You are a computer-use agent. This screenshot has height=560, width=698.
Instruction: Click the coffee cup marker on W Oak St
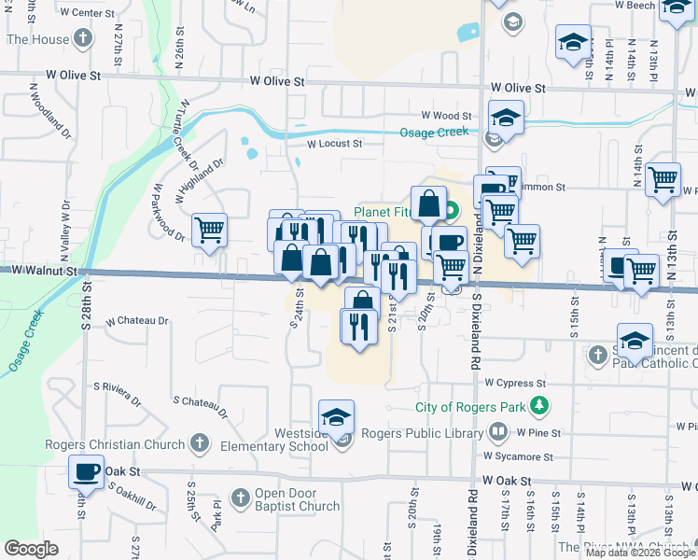pos(87,471)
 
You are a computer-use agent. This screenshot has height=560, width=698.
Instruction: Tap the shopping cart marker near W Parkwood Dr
pos(210,230)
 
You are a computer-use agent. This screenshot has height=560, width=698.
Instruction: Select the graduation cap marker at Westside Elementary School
pos(337,416)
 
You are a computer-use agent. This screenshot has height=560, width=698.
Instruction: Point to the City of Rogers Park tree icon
pos(538,406)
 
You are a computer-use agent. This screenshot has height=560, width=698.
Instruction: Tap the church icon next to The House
pos(84,39)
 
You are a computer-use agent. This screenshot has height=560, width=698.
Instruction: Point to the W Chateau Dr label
pos(137,321)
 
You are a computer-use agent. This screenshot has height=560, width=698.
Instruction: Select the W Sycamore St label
pos(518,456)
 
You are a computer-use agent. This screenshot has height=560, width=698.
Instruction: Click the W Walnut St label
pos(40,270)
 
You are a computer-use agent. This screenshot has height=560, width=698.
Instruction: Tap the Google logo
pos(31,549)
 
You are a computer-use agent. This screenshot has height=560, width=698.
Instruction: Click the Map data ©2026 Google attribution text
pos(639,553)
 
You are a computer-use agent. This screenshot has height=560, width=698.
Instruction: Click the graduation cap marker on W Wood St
pos(506,119)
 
